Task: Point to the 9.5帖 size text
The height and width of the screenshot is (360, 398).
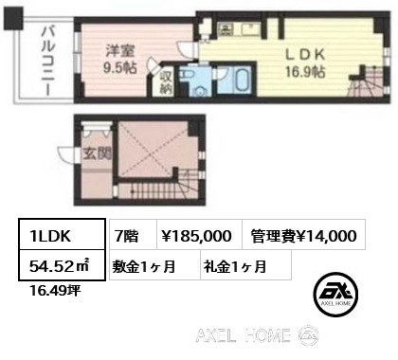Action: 120,67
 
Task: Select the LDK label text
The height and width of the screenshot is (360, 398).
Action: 305,55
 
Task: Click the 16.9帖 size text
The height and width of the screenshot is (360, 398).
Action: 305,72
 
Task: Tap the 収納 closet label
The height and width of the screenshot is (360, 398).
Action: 166,81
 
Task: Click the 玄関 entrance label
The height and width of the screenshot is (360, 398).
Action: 98,153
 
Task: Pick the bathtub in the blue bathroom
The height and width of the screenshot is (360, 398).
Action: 244,81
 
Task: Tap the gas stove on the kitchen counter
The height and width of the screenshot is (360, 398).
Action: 226,29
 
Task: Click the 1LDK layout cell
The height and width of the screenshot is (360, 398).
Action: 62,234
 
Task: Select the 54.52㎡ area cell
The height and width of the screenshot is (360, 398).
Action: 62,264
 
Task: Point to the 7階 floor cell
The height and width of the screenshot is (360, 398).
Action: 133,234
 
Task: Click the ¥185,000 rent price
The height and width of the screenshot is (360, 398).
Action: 199,234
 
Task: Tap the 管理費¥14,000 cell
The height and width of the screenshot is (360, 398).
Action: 303,234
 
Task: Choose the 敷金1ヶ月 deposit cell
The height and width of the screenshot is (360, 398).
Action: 154,264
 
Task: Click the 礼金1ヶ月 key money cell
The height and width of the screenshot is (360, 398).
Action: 245,264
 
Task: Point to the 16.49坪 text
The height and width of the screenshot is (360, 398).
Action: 55,290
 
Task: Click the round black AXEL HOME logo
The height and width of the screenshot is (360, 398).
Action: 335,294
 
